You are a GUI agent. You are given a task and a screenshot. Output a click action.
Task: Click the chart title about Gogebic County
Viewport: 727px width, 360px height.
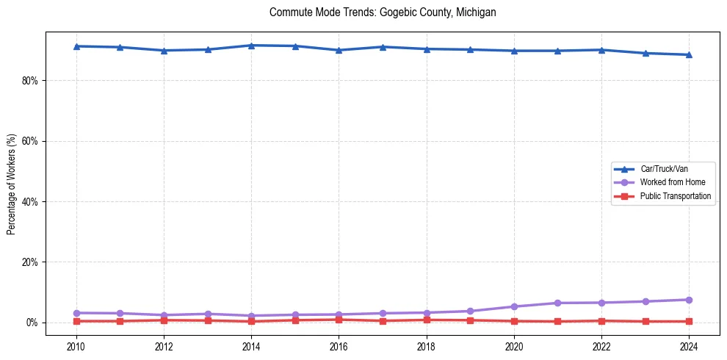click(x=383, y=12)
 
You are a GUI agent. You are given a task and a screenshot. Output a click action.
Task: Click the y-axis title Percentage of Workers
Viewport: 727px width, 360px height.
click(x=12, y=184)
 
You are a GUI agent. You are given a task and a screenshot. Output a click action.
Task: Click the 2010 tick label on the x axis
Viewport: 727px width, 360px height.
click(x=76, y=345)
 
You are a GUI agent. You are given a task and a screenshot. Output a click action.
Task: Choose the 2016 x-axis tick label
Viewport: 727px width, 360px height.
click(x=339, y=345)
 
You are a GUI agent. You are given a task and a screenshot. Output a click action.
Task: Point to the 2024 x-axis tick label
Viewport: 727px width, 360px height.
click(x=689, y=345)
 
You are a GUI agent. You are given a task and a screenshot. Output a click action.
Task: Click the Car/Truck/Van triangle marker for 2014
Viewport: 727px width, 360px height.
click(x=251, y=46)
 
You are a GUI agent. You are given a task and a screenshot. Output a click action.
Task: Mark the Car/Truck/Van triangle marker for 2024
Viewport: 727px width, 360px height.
click(x=689, y=54)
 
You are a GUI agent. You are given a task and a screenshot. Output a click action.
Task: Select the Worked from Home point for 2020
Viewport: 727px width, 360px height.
click(x=514, y=306)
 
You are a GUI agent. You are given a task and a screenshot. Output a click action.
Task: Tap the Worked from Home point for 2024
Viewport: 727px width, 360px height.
click(x=689, y=300)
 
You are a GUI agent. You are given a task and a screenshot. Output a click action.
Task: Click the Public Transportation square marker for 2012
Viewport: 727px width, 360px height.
click(x=164, y=320)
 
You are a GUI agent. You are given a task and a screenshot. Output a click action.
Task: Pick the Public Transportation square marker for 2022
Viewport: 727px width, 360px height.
click(x=601, y=321)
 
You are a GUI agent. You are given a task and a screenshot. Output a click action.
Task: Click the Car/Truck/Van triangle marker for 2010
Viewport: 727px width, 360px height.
click(x=76, y=46)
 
